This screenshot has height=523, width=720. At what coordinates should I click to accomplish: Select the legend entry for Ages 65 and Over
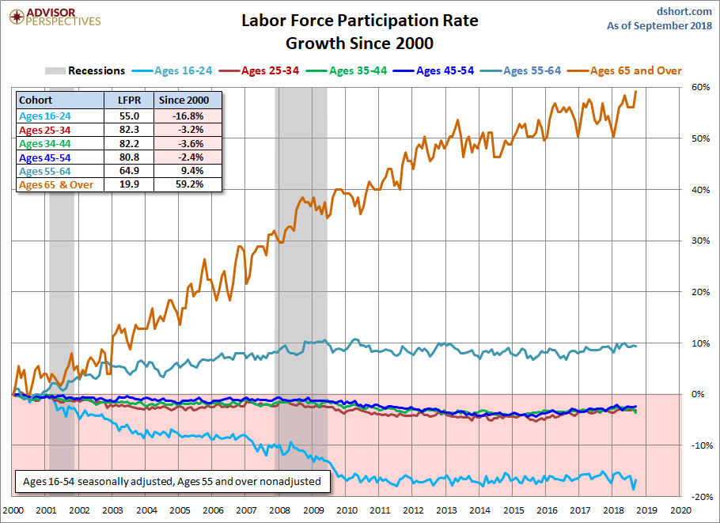click(x=635, y=70)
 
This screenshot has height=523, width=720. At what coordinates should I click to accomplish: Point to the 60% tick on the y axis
click(x=699, y=87)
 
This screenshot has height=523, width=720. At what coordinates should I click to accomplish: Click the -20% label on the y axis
click(x=699, y=496)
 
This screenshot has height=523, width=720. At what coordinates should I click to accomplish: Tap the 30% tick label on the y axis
click(x=699, y=241)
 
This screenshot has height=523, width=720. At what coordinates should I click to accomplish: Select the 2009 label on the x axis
click(x=314, y=511)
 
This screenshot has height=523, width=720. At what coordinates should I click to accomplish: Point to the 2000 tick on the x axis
click(x=15, y=511)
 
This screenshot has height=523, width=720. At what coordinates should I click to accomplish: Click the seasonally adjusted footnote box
click(x=171, y=481)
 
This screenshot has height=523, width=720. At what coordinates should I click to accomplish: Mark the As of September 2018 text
click(x=658, y=25)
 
